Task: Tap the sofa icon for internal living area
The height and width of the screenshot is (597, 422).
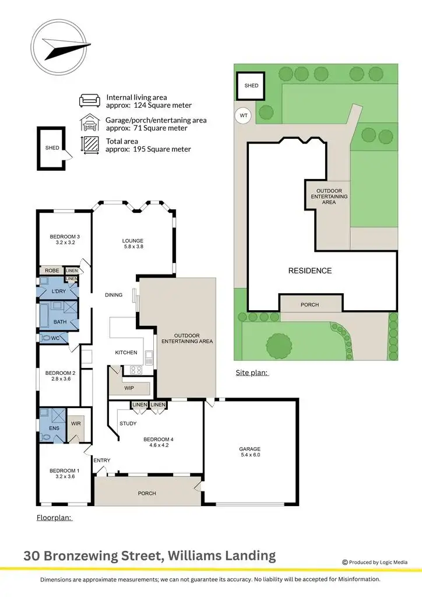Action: pyautogui.click(x=90, y=100)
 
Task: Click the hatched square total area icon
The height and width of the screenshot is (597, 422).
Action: pyautogui.click(x=90, y=145)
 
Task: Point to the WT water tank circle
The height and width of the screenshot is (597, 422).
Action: pyautogui.click(x=244, y=115)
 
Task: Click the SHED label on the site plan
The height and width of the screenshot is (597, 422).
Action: pyautogui.click(x=251, y=86)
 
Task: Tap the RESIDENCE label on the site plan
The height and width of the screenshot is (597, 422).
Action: pyautogui.click(x=310, y=271)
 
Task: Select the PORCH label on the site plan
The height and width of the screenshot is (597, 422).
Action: pyautogui.click(x=310, y=304)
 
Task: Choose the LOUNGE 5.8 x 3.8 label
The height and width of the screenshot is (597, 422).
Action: pyautogui.click(x=132, y=244)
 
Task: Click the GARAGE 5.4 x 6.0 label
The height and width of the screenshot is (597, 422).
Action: pyautogui.click(x=251, y=452)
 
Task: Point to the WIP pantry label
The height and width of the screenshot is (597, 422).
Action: pyautogui.click(x=129, y=387)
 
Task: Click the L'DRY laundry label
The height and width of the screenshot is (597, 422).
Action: pyautogui.click(x=58, y=291)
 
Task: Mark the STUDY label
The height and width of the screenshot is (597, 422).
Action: pyautogui.click(x=128, y=424)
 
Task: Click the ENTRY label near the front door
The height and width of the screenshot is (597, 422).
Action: pyautogui.click(x=102, y=461)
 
